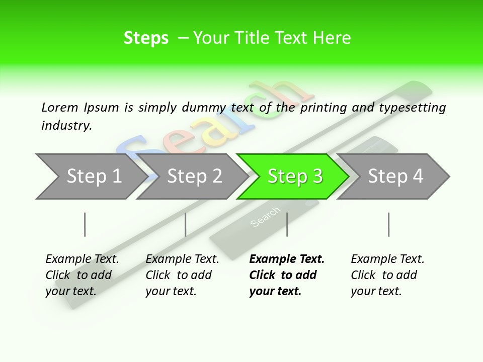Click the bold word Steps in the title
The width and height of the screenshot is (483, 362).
click(x=146, y=38)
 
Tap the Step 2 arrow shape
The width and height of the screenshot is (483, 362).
click(x=191, y=176)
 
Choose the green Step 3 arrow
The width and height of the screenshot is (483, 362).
click(x=292, y=176)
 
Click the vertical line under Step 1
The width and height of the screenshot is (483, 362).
click(x=85, y=224)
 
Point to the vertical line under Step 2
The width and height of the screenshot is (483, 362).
click(x=186, y=224)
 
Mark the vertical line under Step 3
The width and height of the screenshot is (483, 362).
click(x=287, y=224)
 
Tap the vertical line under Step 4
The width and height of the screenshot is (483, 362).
click(x=388, y=224)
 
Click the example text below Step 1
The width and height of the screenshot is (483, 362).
click(x=82, y=275)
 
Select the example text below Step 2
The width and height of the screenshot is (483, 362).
click(x=182, y=275)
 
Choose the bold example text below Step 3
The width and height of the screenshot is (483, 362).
click(x=286, y=275)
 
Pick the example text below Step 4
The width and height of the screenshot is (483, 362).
click(x=387, y=275)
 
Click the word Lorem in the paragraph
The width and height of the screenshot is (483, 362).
click(x=59, y=107)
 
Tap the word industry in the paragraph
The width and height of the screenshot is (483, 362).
click(x=66, y=126)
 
